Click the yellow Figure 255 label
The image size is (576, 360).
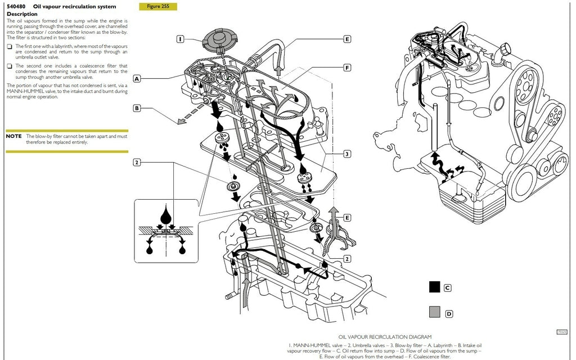click(157, 7)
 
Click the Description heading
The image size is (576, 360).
click(22, 14)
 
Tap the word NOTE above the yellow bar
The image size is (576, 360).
click(14, 136)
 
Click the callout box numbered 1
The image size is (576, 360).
click(181, 39)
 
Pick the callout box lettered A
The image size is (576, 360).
click(137, 79)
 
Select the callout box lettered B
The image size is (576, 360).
click(137, 108)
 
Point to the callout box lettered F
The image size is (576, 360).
click(347, 67)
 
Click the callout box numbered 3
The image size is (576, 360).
click(347, 154)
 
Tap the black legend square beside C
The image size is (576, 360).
click(434, 287)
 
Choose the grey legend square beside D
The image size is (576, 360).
click(434, 313)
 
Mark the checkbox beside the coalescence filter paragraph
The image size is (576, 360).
click(10, 66)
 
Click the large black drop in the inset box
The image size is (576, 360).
click(166, 215)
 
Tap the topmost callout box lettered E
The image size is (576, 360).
click(347, 39)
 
